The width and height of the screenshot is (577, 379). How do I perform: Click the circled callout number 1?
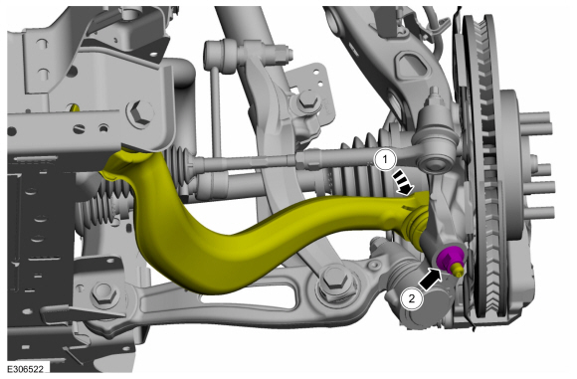(385, 160)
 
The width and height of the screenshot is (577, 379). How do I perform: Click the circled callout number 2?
(412, 297)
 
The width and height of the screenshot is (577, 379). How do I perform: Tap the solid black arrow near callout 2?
(431, 279)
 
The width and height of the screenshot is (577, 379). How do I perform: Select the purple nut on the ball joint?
(448, 258)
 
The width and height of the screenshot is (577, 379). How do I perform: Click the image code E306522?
(26, 368)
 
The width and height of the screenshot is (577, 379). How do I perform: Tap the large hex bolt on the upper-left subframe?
(140, 113)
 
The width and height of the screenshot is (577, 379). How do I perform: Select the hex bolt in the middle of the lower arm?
(334, 281)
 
